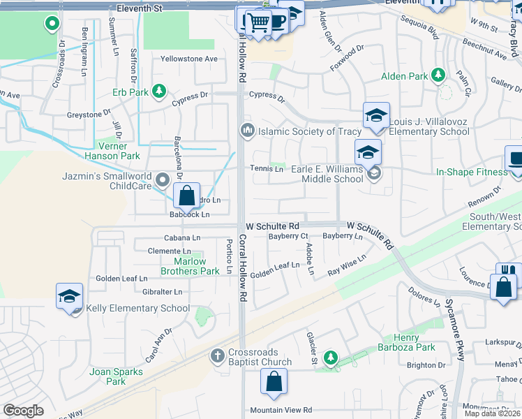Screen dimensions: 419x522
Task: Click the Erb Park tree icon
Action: coord(159,91)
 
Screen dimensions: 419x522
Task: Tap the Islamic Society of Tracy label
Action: coord(310,131)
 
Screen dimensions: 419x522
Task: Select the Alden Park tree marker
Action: coord(438,75)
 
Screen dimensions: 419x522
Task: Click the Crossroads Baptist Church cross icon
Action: coord(217,356)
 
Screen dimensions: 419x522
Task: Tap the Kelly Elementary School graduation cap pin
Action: coord(70,296)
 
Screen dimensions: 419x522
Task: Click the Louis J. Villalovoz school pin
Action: coord(376,115)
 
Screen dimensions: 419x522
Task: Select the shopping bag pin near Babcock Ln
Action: coord(187,196)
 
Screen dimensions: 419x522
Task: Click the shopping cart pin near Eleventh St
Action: coord(258,22)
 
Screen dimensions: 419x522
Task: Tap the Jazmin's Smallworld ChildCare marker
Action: coord(163,180)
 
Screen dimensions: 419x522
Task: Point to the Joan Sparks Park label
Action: coord(116,376)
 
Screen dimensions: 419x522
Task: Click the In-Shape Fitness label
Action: coord(472,172)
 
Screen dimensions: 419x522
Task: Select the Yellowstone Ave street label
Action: coord(190,59)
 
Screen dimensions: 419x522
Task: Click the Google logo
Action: coord(23,411)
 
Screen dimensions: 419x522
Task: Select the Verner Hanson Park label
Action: coord(106,152)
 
